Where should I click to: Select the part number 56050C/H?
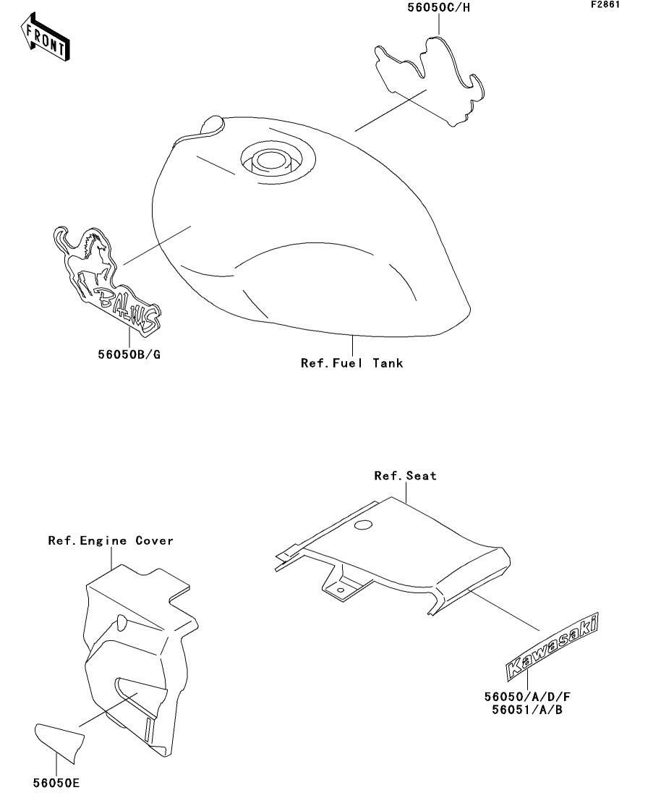435,9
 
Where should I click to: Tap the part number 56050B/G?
129,355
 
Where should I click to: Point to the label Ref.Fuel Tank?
351,362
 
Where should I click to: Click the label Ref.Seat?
405,476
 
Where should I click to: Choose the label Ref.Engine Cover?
111,540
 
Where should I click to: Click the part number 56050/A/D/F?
528,697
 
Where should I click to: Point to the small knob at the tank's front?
213,124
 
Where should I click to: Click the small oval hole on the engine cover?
121,621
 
